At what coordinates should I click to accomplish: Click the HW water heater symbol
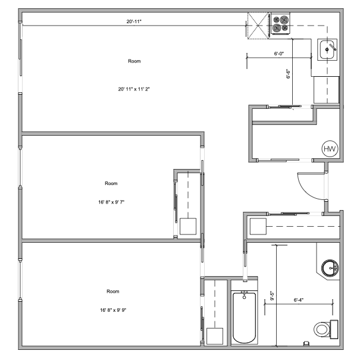click(x=330, y=149)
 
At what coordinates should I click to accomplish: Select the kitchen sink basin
click(x=327, y=49)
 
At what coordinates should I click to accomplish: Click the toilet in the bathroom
click(x=326, y=329)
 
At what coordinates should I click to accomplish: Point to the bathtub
click(x=244, y=317)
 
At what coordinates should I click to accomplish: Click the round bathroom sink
click(x=330, y=268)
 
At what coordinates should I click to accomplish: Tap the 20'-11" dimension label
click(x=134, y=21)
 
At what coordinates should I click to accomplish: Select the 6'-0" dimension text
click(x=279, y=54)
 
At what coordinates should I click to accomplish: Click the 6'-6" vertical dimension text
click(x=288, y=74)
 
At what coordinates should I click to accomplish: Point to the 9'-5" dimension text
click(x=272, y=296)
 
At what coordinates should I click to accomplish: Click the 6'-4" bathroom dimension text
click(x=299, y=300)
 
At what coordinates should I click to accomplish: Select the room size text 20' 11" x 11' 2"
click(x=134, y=89)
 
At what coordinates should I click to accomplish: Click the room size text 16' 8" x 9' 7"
click(x=111, y=202)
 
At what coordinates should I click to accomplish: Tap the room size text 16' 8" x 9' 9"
click(x=113, y=310)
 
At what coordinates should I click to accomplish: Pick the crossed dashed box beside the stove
click(x=258, y=26)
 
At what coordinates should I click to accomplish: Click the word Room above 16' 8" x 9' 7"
click(x=111, y=183)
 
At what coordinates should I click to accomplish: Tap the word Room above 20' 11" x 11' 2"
click(x=134, y=61)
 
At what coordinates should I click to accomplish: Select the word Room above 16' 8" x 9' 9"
click(x=113, y=292)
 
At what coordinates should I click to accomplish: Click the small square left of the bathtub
click(x=215, y=336)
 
